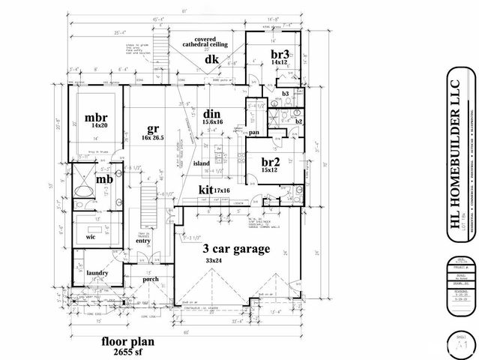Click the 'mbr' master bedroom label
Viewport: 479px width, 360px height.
point(95,118)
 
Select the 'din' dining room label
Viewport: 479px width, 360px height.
point(212,114)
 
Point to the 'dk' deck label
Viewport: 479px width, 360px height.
point(211,59)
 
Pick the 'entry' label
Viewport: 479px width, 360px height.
point(144,241)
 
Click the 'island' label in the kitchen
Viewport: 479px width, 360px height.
point(201,162)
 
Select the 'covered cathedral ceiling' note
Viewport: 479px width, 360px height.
point(212,40)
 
